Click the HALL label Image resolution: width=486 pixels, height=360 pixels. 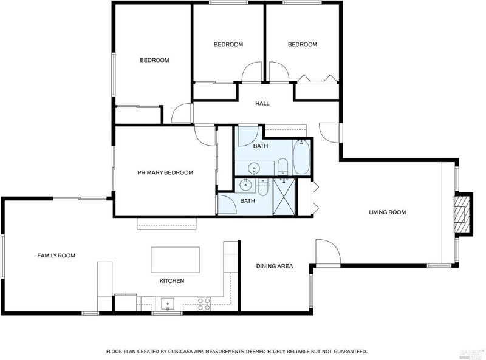pos(262,103)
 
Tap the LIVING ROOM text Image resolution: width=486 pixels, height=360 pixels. pos(387,212)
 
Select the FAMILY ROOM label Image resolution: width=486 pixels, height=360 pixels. pos(56,256)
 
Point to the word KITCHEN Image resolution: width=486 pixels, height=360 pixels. pos(172,281)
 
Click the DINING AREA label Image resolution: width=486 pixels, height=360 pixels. pos(275,266)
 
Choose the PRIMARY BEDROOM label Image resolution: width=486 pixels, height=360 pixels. pos(165,172)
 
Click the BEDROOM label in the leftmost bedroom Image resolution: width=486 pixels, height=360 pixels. pos(154,60)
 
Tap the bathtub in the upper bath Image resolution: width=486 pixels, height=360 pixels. pos(301,157)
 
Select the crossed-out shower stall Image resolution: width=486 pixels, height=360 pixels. pos(283,197)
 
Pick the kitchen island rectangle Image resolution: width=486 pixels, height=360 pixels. pos(175,260)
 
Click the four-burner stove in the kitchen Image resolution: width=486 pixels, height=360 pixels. pos(204,304)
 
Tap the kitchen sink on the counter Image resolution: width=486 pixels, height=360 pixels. pos(168,304)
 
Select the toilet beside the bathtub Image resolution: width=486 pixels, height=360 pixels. pos(282,166)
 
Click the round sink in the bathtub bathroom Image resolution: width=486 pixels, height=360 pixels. pos(254,168)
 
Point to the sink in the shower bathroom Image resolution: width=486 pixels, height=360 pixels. pos(245,185)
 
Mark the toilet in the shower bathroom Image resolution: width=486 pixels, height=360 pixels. pos(263,188)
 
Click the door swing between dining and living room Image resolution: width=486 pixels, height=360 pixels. pos(328,251)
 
